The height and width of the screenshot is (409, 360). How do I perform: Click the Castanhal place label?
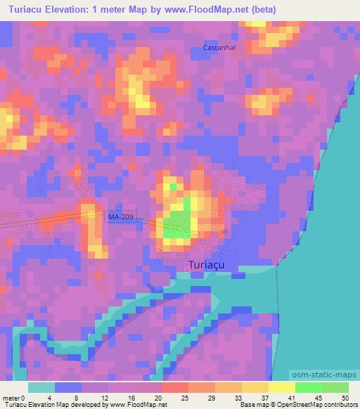click(218, 48)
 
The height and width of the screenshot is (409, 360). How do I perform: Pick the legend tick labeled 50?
click(344, 398)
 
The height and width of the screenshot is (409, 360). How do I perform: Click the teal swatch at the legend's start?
click(41, 387)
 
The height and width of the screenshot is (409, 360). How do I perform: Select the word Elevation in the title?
click(84, 9)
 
